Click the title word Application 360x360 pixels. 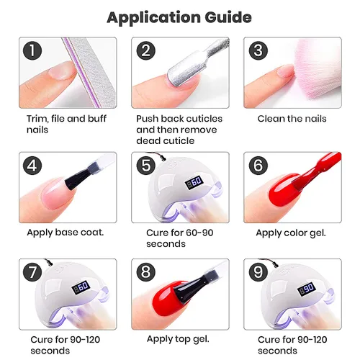point(153,18)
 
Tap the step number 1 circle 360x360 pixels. point(32,50)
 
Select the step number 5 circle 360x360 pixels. point(146,166)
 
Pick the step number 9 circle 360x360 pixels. point(258,272)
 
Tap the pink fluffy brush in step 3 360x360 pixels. point(317,70)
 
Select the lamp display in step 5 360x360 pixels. point(194,182)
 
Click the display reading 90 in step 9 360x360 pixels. point(307,288)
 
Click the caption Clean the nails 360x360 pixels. point(292,119)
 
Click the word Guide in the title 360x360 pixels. point(228,17)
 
